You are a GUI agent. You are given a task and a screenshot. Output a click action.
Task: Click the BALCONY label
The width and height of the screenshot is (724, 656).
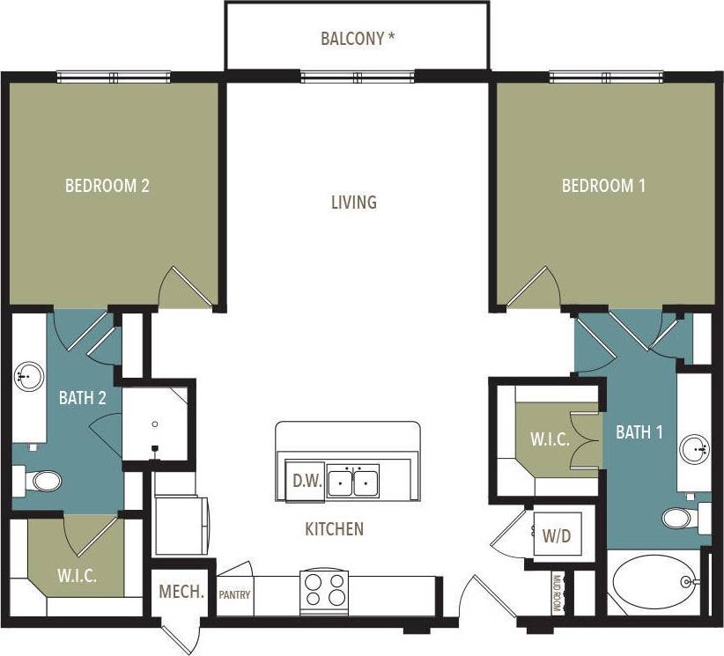coord(357,39)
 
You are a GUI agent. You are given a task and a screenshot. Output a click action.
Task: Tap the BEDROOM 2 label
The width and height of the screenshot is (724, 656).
coord(107,186)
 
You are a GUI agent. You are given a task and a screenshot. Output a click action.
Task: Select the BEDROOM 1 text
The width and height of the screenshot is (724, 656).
coord(604,186)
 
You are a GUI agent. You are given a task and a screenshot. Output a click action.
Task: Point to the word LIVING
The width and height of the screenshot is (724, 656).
coord(354,203)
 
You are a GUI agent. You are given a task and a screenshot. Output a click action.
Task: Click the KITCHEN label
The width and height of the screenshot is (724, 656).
coord(334,529)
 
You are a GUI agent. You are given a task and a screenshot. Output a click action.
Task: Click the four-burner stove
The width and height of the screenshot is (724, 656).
coord(324,592)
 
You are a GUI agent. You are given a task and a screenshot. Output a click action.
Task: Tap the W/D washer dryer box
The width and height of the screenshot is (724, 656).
coord(556,534)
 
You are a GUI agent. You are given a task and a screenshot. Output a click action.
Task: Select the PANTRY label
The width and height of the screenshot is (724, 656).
coord(234,594)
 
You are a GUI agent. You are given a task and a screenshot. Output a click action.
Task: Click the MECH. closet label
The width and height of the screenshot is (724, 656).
coord(181,592)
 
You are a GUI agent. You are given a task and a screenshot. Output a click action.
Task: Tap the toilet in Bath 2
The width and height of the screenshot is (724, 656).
coord(38,481)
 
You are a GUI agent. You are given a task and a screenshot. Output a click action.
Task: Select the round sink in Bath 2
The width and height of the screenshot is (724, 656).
coord(28,378)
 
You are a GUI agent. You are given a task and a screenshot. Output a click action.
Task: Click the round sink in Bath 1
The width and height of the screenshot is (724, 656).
coord(696,450)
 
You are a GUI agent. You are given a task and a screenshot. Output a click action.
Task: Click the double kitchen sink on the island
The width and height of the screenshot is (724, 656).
coord(352,483)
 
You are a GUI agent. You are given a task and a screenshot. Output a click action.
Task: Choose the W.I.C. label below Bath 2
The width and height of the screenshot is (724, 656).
coord(78,577)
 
